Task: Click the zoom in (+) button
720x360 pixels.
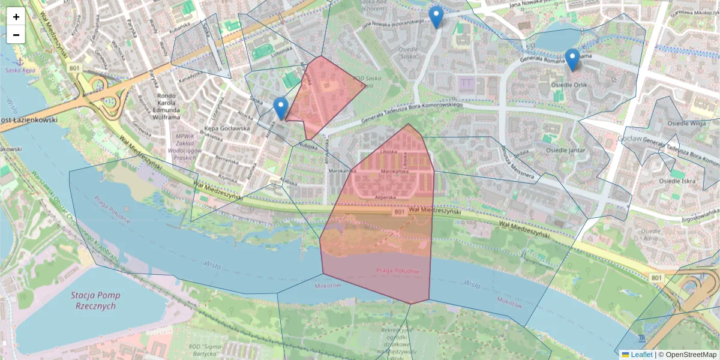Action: click(16, 17)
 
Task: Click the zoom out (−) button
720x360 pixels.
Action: click(16, 35)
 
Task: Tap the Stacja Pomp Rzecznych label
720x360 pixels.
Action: click(95, 301)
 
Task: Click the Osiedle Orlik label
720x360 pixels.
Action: click(568, 85)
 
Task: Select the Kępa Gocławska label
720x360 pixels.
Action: click(226, 128)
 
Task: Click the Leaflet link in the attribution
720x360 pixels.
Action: click(641, 355)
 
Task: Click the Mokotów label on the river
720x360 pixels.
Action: click(328, 286)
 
